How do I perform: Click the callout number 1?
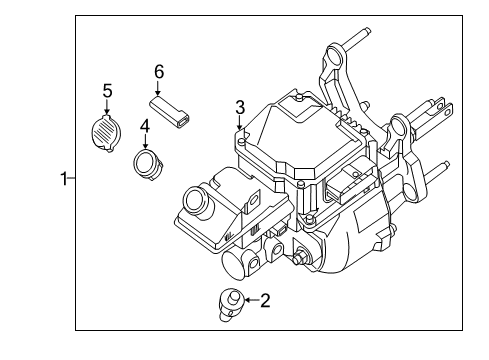pos(63,179)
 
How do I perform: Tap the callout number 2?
pos(265,298)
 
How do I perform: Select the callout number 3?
pos(240,107)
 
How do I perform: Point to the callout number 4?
pos(145,126)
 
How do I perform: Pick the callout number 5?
pos(107,91)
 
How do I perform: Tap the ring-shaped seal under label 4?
pos(148,162)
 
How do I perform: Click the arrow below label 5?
pos(107,107)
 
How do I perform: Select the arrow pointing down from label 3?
pos(240,124)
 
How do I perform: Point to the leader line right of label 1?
pos(72,179)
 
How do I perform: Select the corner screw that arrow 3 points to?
pos(241,140)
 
